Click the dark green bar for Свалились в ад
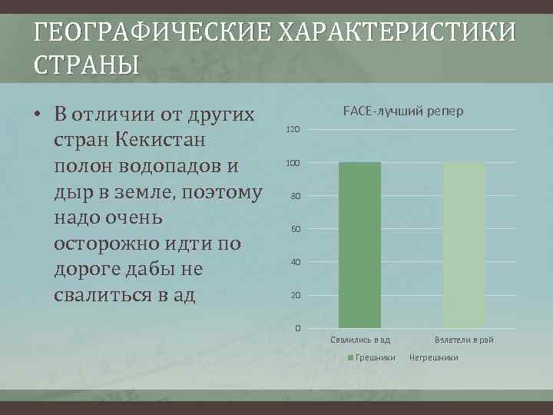coord(359,244)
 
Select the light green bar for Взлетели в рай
coord(464,244)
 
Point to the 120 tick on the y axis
coord(293,129)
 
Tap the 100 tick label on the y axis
coord(293,164)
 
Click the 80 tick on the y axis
coord(295,197)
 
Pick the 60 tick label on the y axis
coord(295,230)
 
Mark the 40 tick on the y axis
coord(295,263)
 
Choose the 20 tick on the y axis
coord(295,296)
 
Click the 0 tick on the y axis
coord(297,329)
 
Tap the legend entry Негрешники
coord(434,357)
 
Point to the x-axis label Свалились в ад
coord(359,340)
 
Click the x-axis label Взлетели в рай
coord(464,340)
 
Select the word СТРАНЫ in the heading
coord(86,65)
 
